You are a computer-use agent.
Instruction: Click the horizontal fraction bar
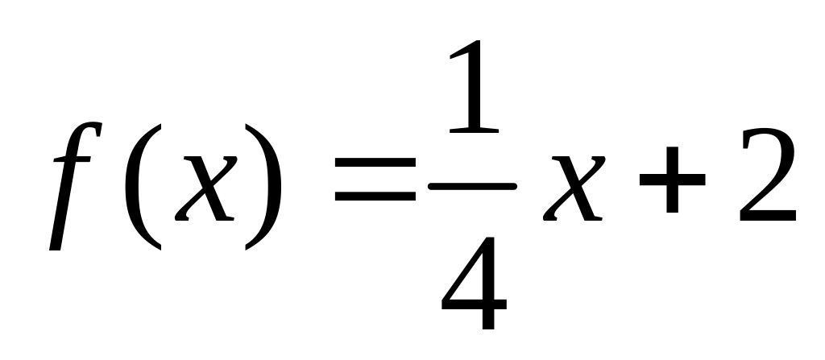(x=472, y=186)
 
